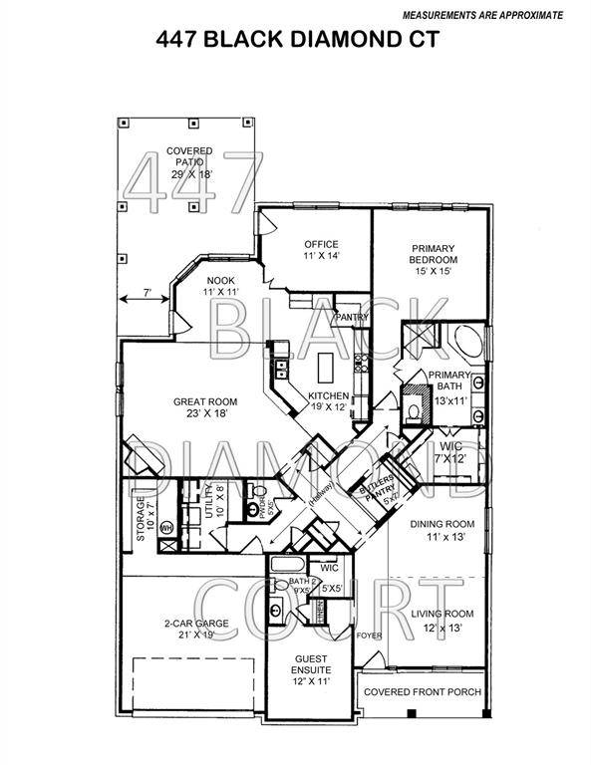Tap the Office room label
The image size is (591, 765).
pos(322,244)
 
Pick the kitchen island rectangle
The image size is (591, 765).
pos(325,371)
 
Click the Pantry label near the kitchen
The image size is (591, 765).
pos(352,318)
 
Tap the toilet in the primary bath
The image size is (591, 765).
pos(415,409)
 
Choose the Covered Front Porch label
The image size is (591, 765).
pos(422,691)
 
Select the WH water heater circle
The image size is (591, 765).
pos(166,527)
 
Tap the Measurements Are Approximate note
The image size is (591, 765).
pos(481,16)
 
